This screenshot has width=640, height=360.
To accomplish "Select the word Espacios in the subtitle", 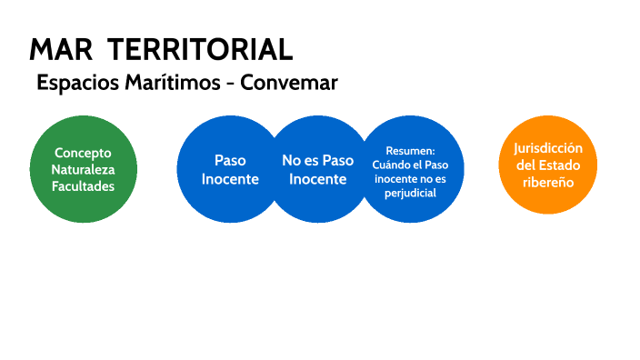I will pos(71,83).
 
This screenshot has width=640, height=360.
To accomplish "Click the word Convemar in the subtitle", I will pos(288,82).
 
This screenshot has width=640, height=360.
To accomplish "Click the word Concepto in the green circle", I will pos(83,153).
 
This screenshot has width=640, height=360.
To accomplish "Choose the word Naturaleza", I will pos(83,169).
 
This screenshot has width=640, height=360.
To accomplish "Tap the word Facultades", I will pos(83,185).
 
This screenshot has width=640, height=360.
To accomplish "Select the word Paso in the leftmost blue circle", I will pos(230,160).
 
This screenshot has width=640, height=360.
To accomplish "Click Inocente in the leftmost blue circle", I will pos(230,178).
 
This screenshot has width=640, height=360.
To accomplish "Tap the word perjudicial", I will pos(411,193).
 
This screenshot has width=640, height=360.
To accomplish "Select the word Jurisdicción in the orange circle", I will pos(547,148).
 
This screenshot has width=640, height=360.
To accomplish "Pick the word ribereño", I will pos(547,182).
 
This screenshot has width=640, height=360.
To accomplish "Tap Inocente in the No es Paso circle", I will pos(318,178).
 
